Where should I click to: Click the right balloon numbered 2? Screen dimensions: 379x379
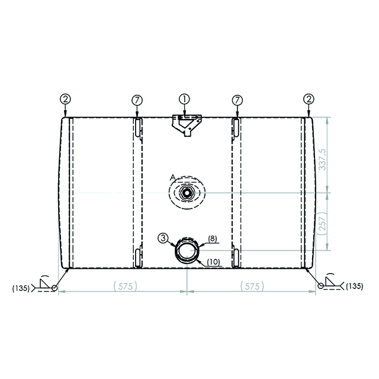(x=309, y=99)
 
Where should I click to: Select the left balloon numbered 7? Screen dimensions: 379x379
(x=137, y=99)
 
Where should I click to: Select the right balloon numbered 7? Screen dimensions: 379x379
(x=237, y=99)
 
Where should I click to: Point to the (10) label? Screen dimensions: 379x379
(x=214, y=262)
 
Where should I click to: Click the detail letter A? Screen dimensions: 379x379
(x=171, y=177)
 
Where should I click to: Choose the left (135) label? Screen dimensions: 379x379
(x=21, y=288)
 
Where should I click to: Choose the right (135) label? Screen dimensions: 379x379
(x=354, y=286)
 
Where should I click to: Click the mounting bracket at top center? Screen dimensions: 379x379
(x=186, y=125)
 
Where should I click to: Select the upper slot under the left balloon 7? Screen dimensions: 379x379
(x=137, y=127)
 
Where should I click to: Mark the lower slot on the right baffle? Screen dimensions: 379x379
(x=236, y=257)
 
